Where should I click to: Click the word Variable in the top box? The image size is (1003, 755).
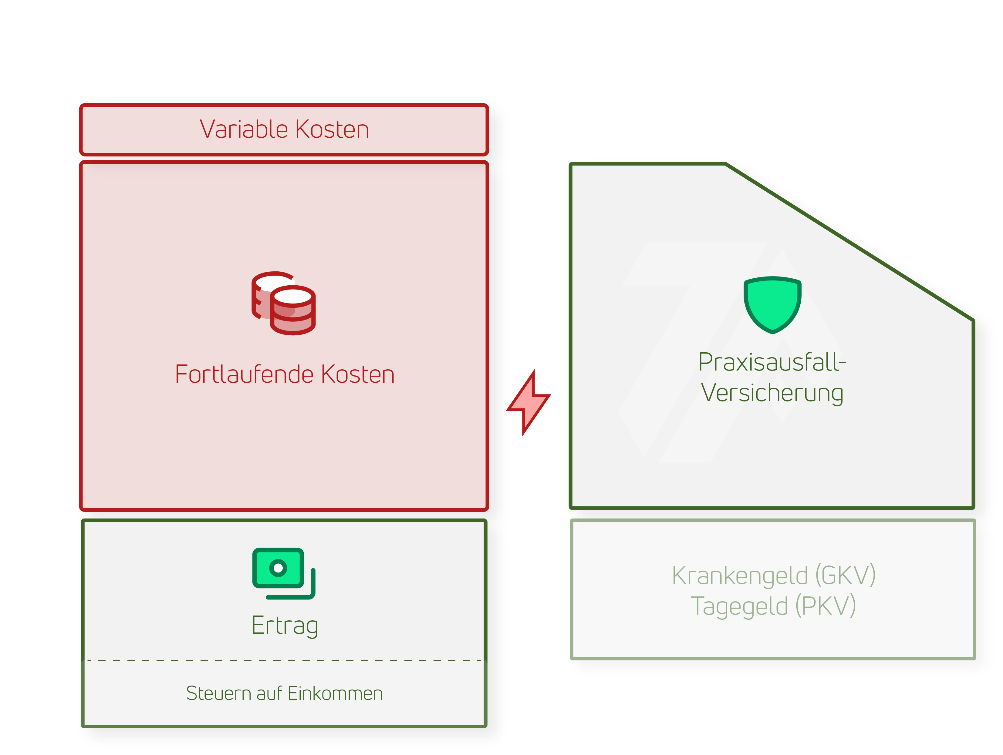(245, 129)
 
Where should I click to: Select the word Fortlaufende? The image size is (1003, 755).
(245, 375)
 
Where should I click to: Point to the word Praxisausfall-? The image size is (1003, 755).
(772, 362)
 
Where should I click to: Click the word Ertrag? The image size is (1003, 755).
(285, 626)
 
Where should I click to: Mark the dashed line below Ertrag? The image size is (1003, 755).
(285, 660)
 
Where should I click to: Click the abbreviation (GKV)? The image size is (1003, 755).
(845, 575)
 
